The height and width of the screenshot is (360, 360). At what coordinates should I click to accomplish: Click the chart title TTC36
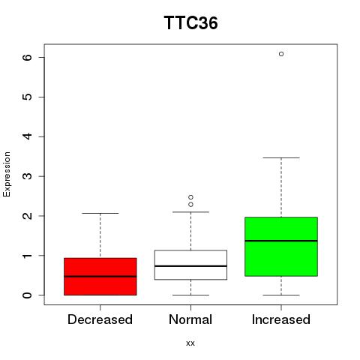[x=190, y=23]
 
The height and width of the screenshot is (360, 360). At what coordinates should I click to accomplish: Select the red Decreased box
[x=100, y=277]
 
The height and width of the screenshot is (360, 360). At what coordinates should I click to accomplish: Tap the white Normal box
[x=190, y=265]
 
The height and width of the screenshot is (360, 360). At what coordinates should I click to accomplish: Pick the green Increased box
[x=281, y=247]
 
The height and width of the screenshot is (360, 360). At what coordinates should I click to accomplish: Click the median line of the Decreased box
[x=100, y=277]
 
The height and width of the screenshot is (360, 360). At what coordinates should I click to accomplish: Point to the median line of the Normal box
[x=190, y=266]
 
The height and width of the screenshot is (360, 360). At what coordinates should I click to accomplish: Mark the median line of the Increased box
[x=281, y=241]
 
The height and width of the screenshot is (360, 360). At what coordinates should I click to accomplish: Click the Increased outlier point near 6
[x=281, y=54]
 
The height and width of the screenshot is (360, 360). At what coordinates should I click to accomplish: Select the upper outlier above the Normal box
[x=190, y=197]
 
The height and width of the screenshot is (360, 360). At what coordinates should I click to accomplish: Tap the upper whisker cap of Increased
[x=281, y=157]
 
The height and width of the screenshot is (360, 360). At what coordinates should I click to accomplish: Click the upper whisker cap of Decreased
[x=100, y=213]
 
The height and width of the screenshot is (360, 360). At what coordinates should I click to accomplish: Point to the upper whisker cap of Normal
[x=190, y=212]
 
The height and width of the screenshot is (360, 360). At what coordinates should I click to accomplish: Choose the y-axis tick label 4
[x=28, y=136]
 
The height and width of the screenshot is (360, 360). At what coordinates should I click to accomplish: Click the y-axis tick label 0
[x=28, y=295]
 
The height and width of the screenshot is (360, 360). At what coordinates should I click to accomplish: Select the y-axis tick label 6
[x=28, y=57]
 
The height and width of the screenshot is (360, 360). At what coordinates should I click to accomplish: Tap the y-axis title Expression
[x=7, y=174]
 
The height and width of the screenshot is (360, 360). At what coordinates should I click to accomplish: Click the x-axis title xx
[x=190, y=343]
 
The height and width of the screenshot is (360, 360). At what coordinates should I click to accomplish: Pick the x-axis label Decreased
[x=100, y=319]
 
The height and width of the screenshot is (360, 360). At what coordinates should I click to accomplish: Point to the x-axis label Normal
[x=190, y=319]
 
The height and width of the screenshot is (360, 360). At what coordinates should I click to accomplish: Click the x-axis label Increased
[x=281, y=319]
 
